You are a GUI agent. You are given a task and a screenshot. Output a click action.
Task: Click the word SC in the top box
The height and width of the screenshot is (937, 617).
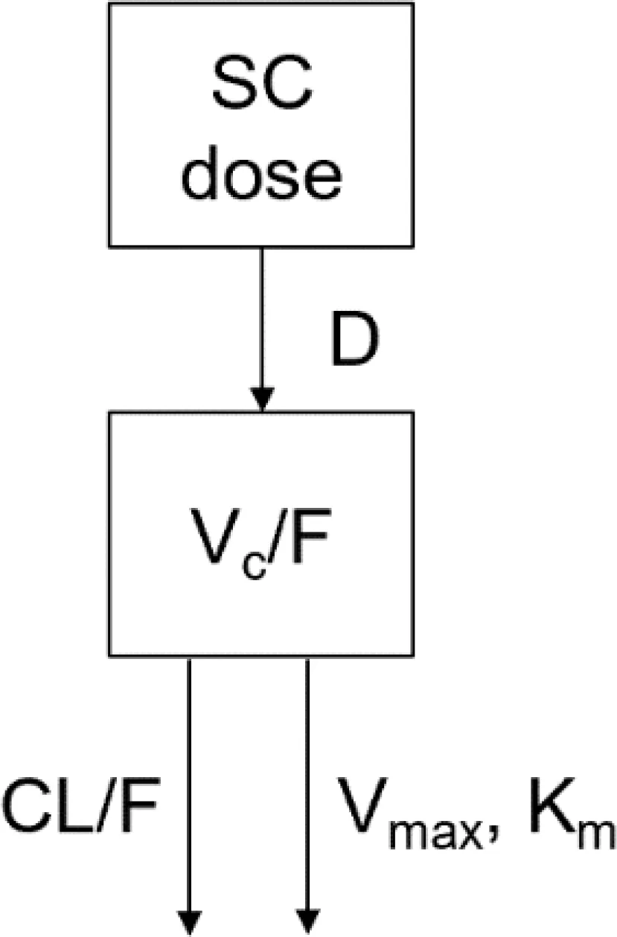click(x=263, y=81)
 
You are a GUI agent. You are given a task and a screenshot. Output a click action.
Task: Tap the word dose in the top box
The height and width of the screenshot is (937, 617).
click(x=262, y=173)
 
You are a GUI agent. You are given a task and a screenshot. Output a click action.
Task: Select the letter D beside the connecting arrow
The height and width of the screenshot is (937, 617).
click(x=354, y=338)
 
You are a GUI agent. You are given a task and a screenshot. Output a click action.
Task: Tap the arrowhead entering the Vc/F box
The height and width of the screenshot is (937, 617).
click(x=262, y=399)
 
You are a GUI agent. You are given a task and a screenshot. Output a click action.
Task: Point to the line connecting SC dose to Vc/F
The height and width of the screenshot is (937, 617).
click(x=262, y=329)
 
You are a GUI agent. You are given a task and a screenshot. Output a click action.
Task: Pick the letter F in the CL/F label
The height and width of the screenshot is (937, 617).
click(x=140, y=805)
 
